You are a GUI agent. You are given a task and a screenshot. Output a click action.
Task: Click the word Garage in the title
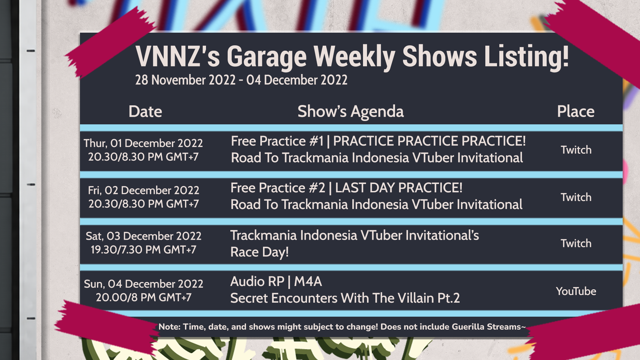(x=267, y=57)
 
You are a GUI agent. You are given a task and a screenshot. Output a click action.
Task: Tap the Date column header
(x=145, y=111)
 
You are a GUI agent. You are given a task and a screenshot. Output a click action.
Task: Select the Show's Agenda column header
(x=351, y=112)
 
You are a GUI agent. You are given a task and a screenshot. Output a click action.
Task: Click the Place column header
(x=576, y=111)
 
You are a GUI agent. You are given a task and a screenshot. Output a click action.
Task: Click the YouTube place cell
(x=576, y=291)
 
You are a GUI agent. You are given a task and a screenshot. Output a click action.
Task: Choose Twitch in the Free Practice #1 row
(x=576, y=150)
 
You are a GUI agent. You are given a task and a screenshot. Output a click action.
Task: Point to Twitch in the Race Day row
(x=576, y=243)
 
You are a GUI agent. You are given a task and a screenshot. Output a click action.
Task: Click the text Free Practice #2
(x=278, y=188)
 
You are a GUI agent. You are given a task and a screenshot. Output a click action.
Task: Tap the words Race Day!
(x=259, y=252)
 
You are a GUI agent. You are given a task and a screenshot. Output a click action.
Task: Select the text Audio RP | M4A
(x=276, y=282)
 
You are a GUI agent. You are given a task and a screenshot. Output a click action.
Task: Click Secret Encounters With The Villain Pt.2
(x=345, y=298)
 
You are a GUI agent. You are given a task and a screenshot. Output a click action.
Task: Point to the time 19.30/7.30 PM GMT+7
(x=143, y=250)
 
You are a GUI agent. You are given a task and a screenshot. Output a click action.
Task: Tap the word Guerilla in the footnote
(x=468, y=327)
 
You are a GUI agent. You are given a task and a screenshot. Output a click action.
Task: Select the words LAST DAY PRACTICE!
(x=399, y=188)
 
